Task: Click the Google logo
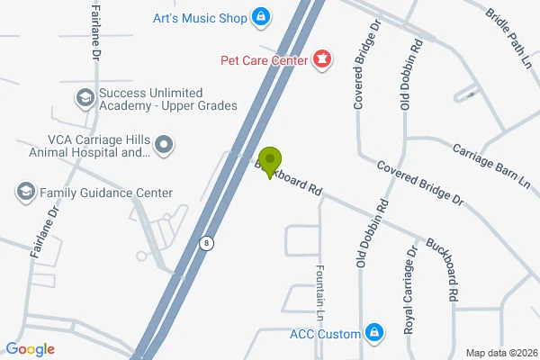pyautogui.click(x=30, y=349)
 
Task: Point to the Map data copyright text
pyautogui.click(x=500, y=352)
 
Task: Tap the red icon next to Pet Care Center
pyautogui.click(x=320, y=60)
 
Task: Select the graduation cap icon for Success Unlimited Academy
pyautogui.click(x=85, y=97)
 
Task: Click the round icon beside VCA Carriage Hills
pyautogui.click(x=163, y=144)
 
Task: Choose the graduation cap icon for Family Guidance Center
pyautogui.click(x=25, y=192)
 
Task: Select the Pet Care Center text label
pyautogui.click(x=262, y=60)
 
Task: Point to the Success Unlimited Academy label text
pyautogui.click(x=167, y=99)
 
